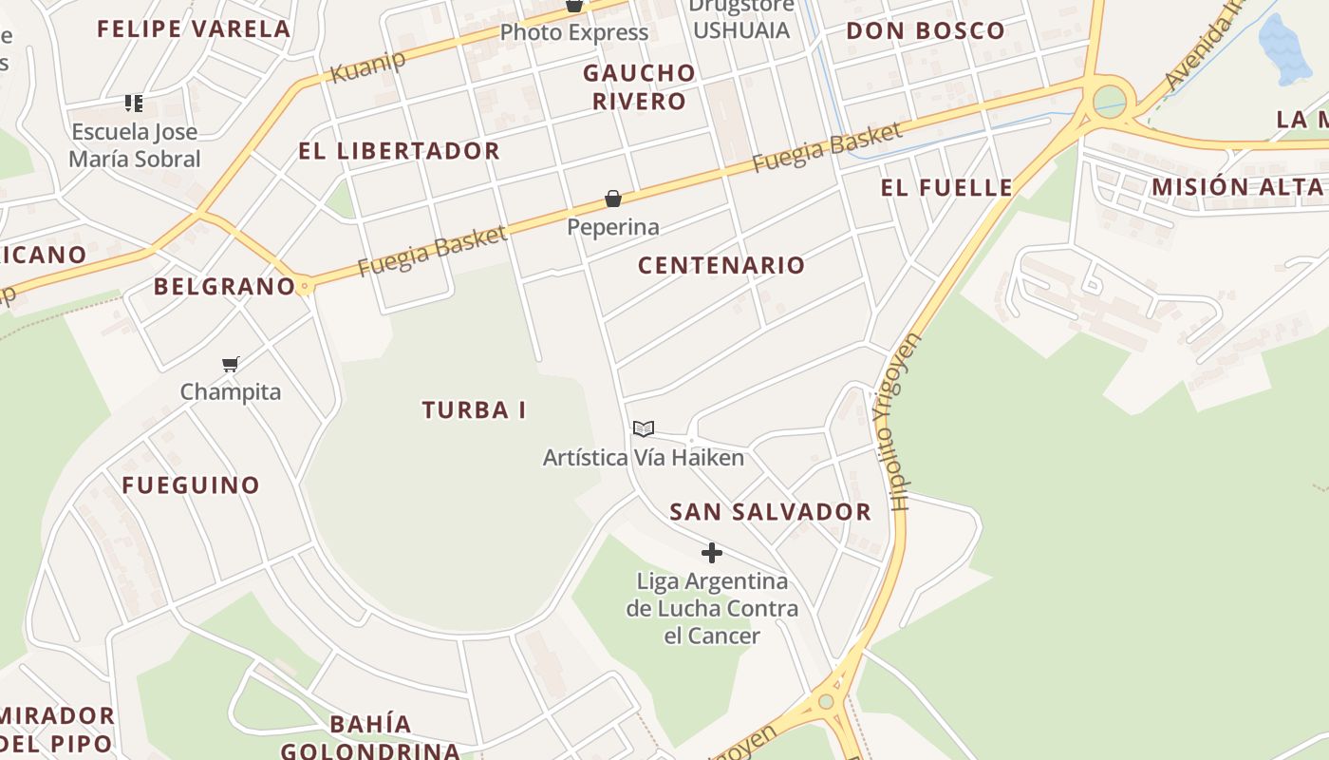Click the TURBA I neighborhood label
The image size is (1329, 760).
474,410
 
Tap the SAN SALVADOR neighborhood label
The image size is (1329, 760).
770,512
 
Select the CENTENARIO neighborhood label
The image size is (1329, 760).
721,265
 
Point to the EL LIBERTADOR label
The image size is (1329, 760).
399,151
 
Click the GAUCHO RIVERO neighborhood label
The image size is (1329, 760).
639,86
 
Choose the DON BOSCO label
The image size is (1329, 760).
925,30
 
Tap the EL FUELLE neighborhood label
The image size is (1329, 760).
946,187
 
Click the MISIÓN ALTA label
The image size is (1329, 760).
1237,186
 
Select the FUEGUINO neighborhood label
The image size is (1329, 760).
191,485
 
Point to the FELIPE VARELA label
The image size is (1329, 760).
194,28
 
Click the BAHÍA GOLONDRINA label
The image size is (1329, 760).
370,737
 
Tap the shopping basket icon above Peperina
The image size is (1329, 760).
613,199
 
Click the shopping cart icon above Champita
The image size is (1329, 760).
230,364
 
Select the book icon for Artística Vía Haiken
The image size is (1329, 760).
644,428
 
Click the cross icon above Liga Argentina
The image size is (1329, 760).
712,553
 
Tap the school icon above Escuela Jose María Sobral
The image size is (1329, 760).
134,103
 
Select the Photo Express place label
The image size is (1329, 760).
573,32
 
